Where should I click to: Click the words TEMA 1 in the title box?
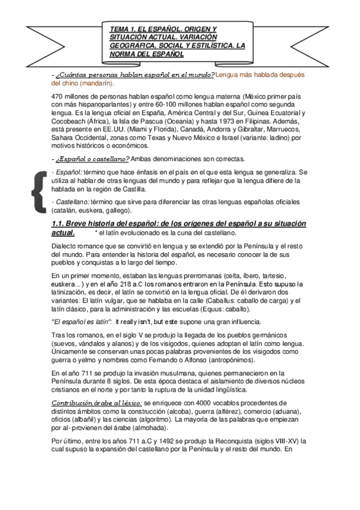pyautogui.click(x=124, y=28)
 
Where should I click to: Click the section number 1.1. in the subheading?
pyautogui.click(x=62, y=224)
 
